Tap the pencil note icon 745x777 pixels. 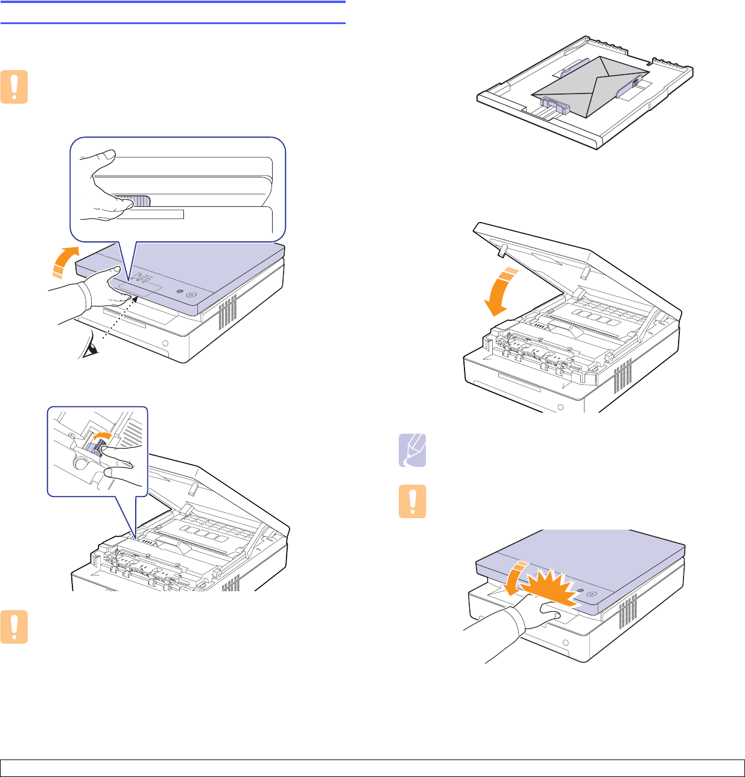pos(413,450)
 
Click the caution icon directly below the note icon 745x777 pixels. pos(413,501)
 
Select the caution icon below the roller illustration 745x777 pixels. pos(14,627)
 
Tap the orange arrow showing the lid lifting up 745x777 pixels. pos(63,262)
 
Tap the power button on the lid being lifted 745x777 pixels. pos(191,295)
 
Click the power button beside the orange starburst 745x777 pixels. pos(591,594)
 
